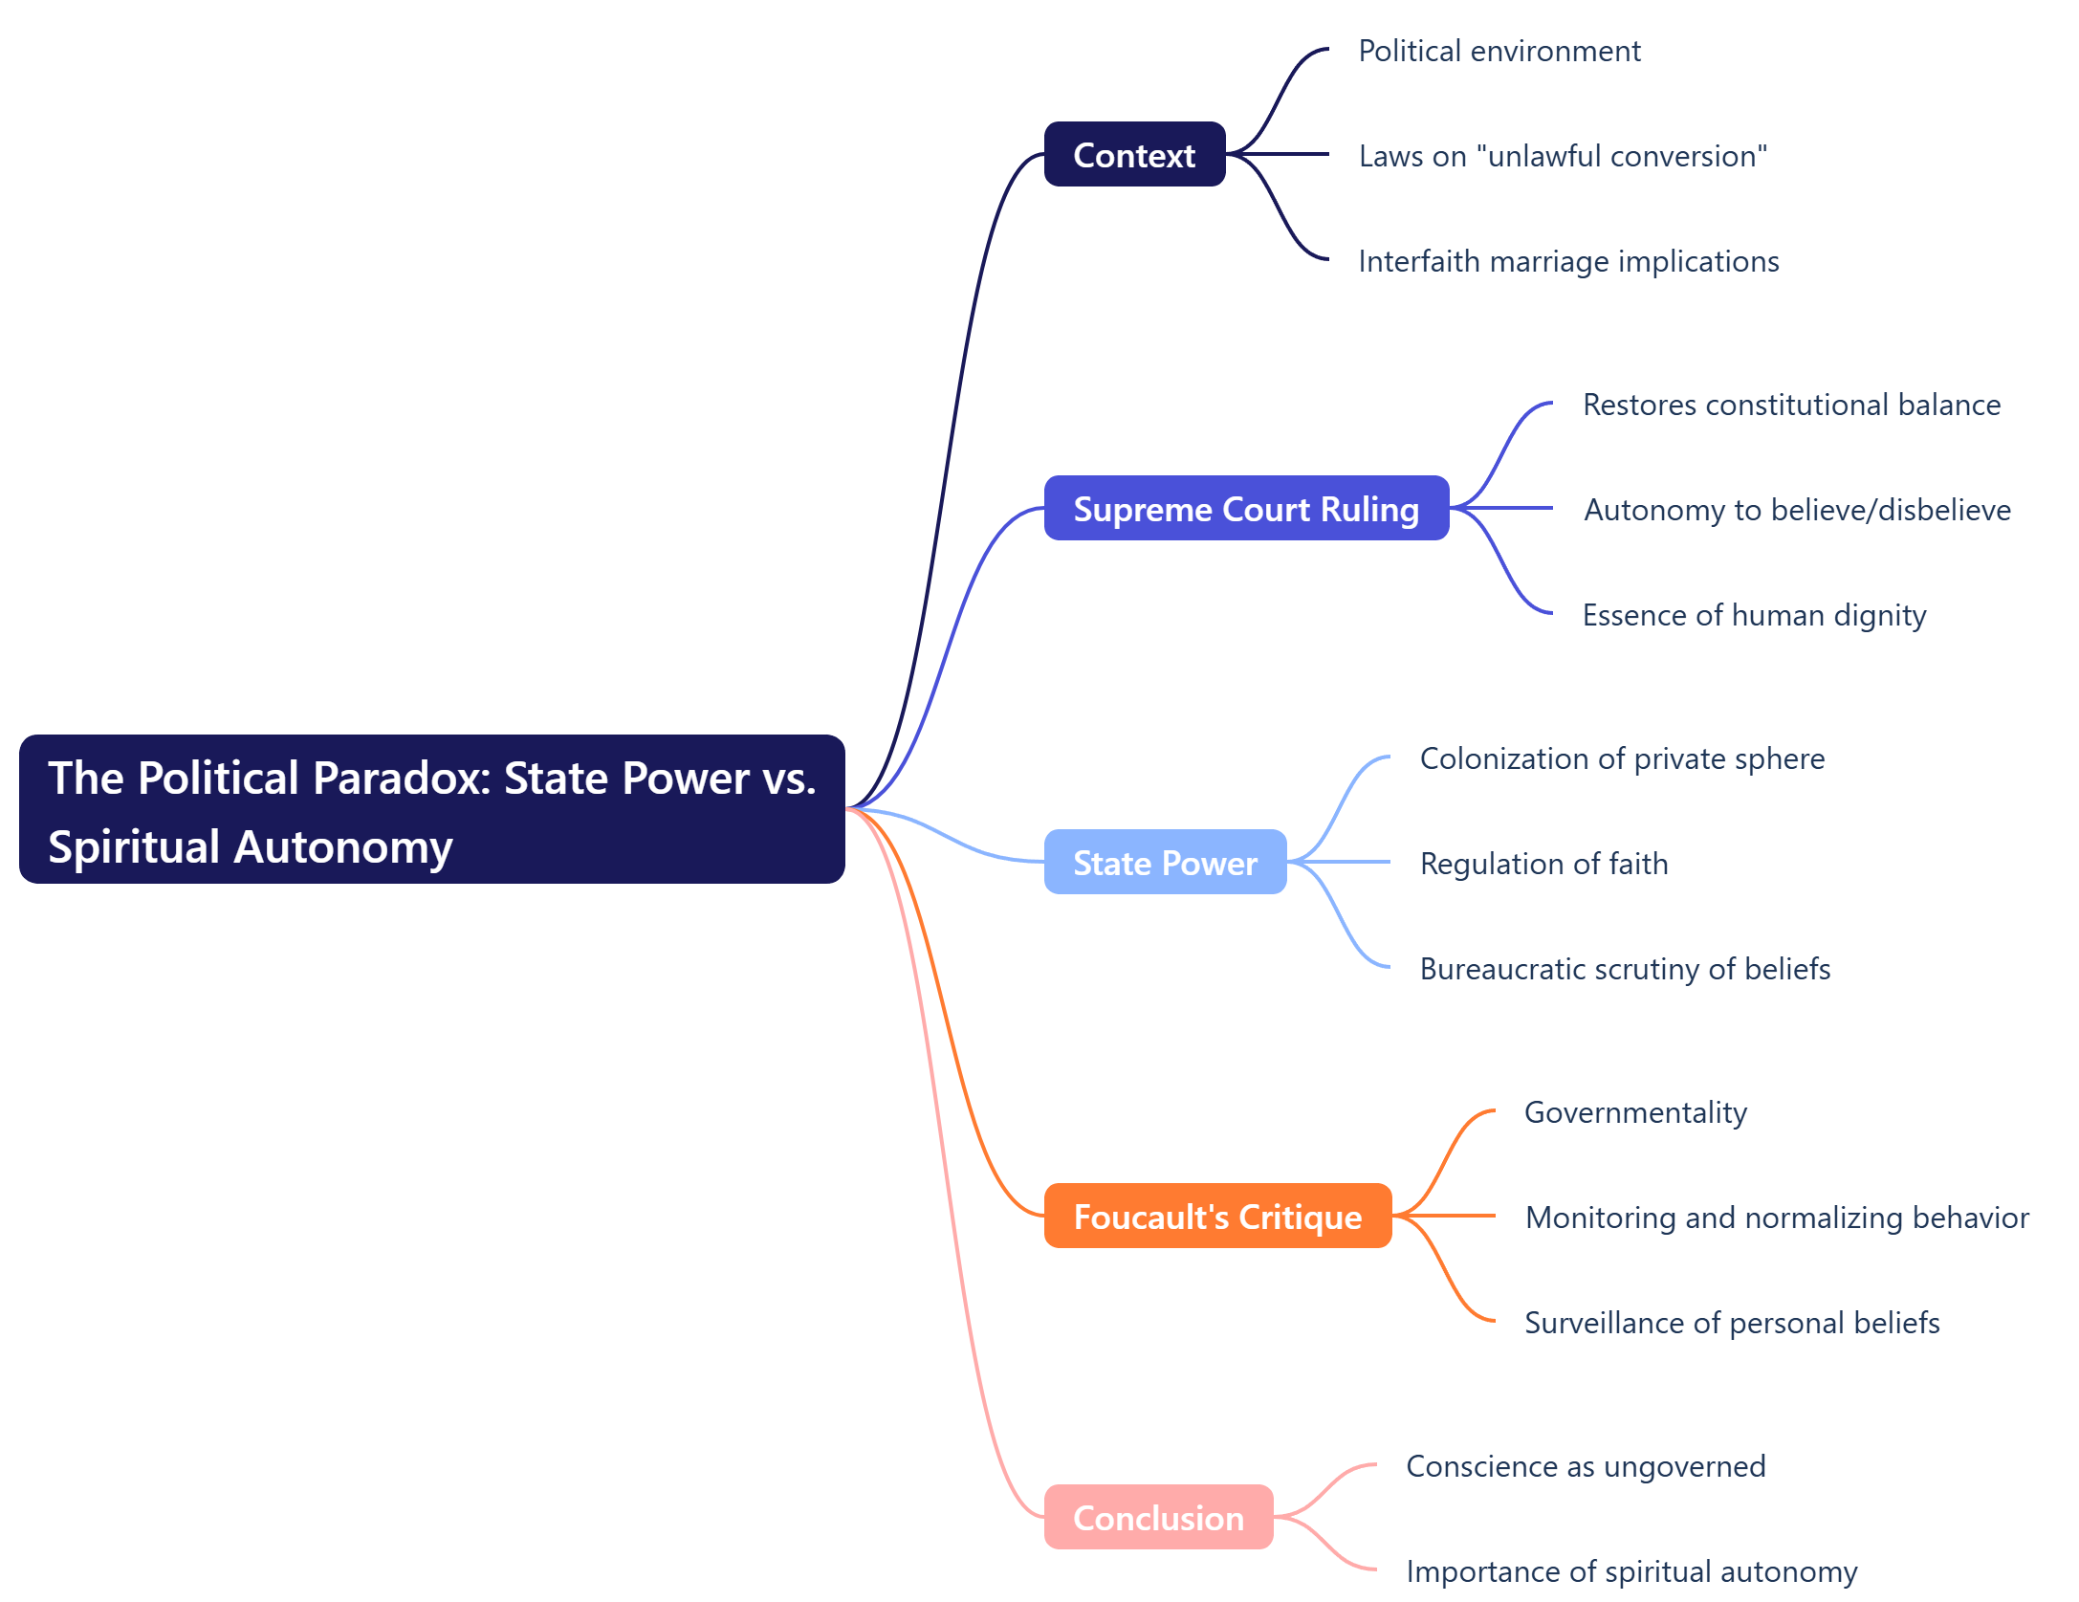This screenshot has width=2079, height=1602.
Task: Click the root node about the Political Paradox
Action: tap(431, 809)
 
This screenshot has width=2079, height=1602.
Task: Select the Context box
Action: tap(1134, 154)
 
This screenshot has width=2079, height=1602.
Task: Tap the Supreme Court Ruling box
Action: tap(1246, 508)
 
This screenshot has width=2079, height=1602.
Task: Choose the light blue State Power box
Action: tap(1165, 862)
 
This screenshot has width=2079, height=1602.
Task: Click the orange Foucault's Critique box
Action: tap(1217, 1216)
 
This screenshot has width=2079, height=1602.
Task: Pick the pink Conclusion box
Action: tap(1158, 1517)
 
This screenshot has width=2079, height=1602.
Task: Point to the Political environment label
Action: tap(1499, 51)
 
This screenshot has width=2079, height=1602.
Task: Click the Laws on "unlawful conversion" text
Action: tap(1563, 156)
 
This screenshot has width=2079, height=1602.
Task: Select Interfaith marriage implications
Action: tap(1568, 261)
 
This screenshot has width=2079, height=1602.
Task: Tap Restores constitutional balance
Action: tap(1791, 405)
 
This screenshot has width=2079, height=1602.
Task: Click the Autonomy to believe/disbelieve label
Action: tap(1797, 510)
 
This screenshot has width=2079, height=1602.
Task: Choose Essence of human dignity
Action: tap(1754, 615)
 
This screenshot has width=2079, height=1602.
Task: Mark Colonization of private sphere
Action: tap(1622, 758)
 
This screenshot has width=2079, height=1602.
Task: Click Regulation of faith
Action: tap(1543, 864)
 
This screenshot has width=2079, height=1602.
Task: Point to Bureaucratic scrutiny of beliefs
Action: tap(1625, 969)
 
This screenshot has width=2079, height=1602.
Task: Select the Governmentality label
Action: tap(1635, 1112)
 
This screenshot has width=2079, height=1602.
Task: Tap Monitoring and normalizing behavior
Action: tap(1777, 1218)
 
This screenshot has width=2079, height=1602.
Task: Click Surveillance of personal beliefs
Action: tap(1732, 1323)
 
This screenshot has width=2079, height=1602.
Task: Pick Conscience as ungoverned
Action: tap(1586, 1466)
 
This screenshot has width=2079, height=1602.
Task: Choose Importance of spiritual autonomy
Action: tap(1631, 1571)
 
